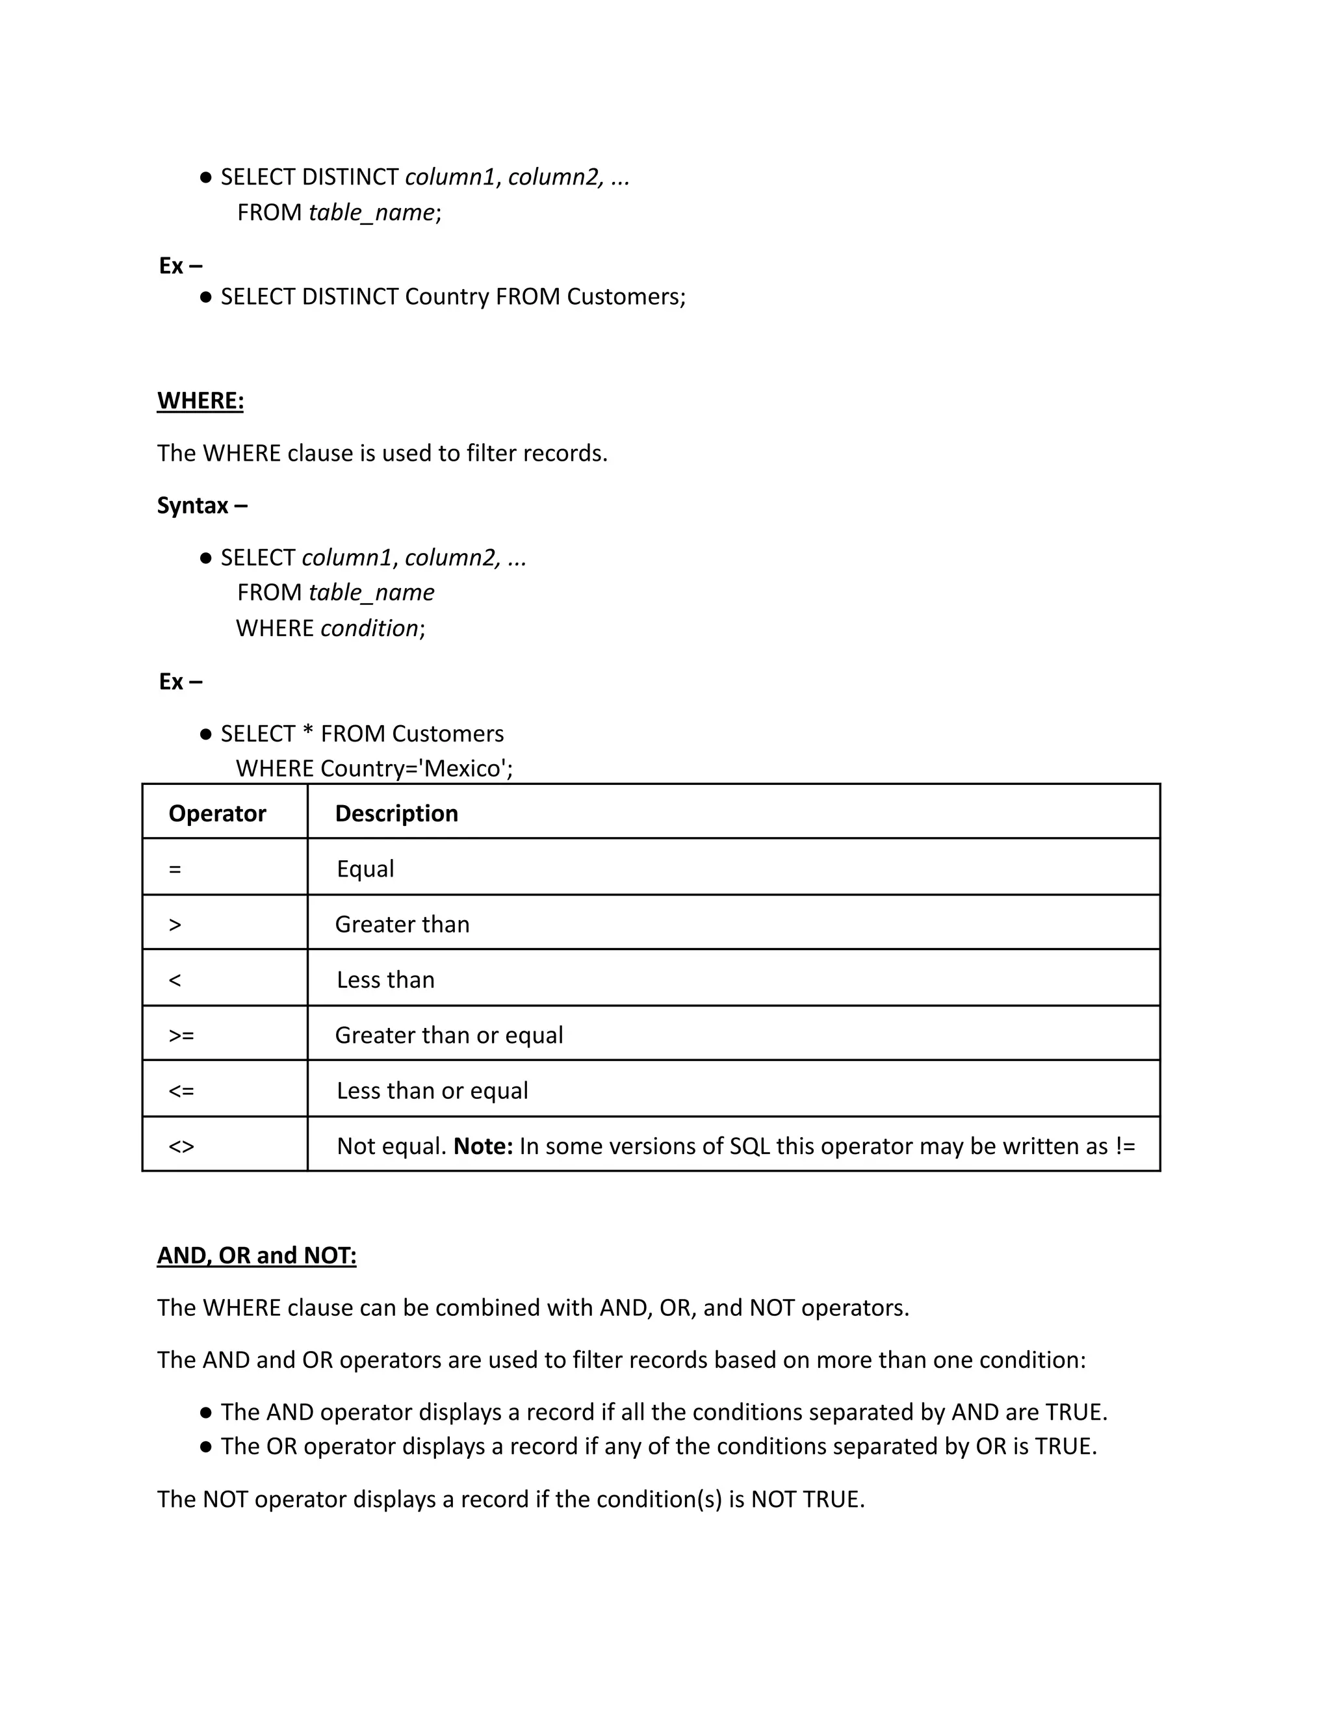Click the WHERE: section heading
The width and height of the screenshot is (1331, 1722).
pos(200,400)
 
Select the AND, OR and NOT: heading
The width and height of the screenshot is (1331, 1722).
pos(256,1255)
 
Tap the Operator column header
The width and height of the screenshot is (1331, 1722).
pos(217,813)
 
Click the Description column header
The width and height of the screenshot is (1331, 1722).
pos(396,813)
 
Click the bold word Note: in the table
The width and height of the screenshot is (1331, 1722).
pos(483,1146)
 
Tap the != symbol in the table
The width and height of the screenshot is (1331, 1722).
pos(1125,1146)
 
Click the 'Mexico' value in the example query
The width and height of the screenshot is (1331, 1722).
pos(463,768)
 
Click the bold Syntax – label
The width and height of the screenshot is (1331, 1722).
pos(202,505)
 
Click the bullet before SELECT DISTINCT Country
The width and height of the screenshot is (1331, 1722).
pos(206,297)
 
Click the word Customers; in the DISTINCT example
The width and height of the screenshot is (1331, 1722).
pos(626,296)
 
